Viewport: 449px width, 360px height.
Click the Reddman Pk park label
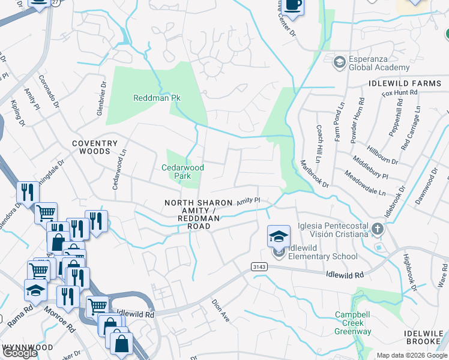point(157,98)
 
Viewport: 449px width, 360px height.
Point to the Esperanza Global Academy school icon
point(340,62)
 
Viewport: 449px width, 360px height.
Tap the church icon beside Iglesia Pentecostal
point(377,229)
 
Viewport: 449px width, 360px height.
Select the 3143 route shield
point(259,265)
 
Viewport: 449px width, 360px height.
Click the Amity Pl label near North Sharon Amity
point(247,202)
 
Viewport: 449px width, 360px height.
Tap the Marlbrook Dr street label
point(315,173)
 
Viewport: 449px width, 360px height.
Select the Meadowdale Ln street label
point(365,184)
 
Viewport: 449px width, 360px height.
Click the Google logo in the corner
point(20,353)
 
